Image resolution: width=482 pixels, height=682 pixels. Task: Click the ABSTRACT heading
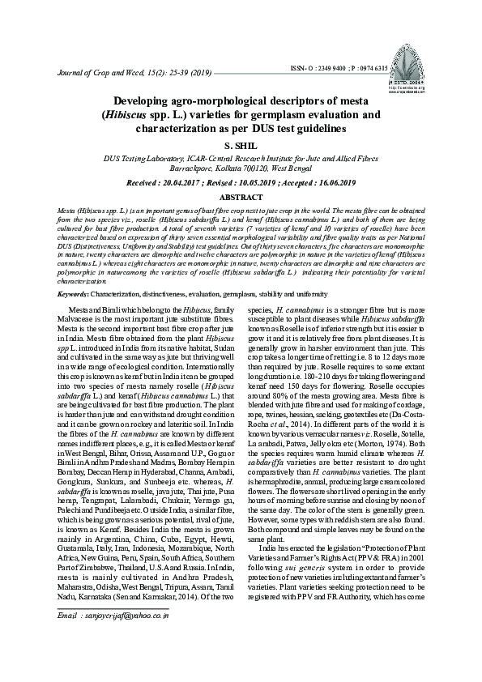click(241, 197)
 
